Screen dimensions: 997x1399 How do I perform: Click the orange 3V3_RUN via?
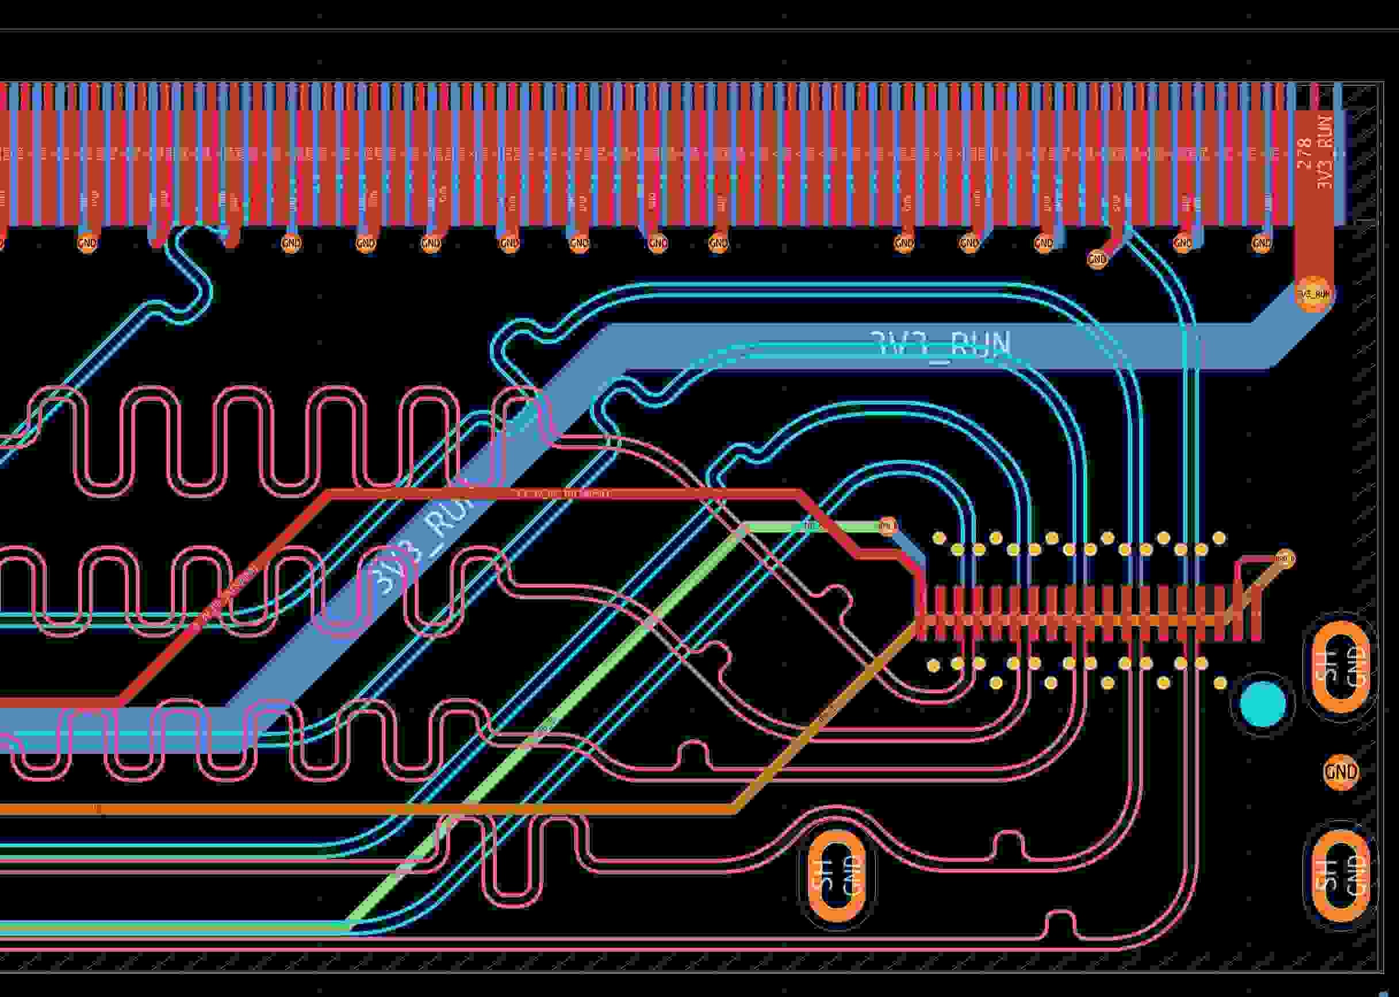point(1314,295)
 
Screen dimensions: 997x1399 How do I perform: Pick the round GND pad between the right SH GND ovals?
point(1341,772)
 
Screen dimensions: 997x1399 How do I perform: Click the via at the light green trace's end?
point(887,526)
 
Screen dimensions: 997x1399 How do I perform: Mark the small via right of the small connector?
point(1285,559)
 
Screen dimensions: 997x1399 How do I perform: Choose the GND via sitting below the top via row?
point(1097,259)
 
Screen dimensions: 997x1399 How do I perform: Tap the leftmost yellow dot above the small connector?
point(938,538)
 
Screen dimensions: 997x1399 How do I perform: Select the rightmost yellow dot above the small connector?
point(1219,538)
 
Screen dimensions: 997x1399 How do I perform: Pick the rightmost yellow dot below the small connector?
point(1220,683)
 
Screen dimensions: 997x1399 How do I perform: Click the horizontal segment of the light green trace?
point(811,526)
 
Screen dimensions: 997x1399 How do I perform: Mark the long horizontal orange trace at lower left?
point(369,809)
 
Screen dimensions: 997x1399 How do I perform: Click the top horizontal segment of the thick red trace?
point(553,494)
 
